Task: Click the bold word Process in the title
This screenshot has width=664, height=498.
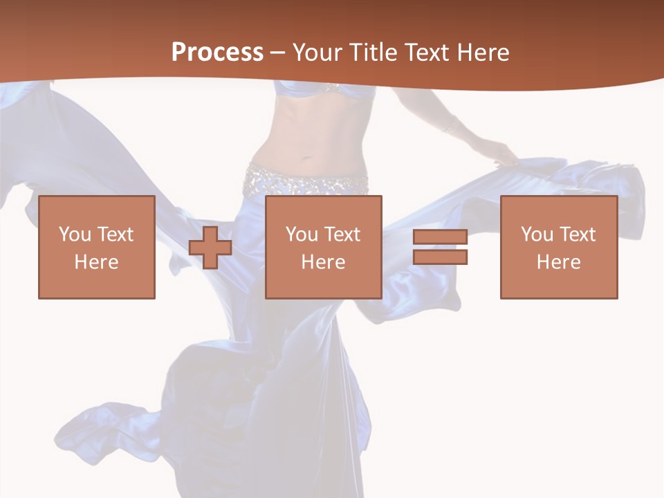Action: click(x=217, y=53)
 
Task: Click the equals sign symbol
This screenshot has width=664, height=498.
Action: click(x=440, y=247)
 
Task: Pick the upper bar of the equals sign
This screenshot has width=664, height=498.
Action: click(x=440, y=237)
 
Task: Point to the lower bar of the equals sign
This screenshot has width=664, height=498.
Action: click(x=440, y=257)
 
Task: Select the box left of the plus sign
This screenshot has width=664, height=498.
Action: click(x=97, y=247)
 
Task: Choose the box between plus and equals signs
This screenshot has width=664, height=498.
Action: click(x=324, y=247)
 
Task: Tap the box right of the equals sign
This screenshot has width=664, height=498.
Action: click(x=559, y=247)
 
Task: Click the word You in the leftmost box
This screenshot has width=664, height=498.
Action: click(x=75, y=234)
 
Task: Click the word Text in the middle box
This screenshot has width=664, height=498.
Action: click(x=342, y=234)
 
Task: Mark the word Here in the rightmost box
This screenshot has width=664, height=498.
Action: click(x=559, y=262)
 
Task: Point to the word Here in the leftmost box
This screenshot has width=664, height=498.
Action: click(x=97, y=262)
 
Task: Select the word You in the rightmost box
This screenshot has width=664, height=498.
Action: click(x=537, y=234)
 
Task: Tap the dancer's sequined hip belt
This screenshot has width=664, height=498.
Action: click(x=304, y=181)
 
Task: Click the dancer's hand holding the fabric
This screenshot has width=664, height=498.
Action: click(x=504, y=154)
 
